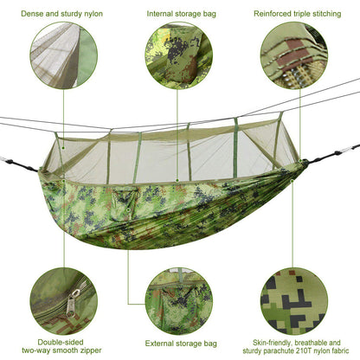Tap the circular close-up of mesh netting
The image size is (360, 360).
(x=63, y=55)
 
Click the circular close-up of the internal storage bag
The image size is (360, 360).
(x=178, y=55)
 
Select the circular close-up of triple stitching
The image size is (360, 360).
(x=293, y=55)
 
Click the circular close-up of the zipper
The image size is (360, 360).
(x=63, y=299)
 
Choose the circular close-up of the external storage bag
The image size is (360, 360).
(x=178, y=299)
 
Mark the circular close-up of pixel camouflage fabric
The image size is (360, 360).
(x=293, y=299)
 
